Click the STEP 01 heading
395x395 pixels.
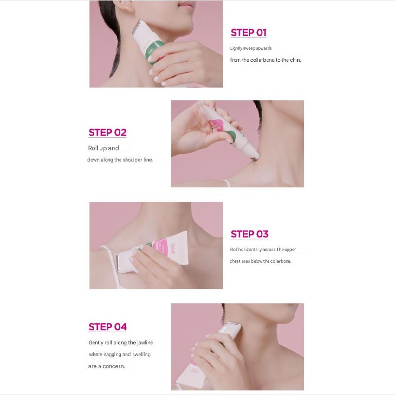(248, 33)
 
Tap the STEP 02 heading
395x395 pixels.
(108, 132)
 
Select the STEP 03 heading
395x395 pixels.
(249, 234)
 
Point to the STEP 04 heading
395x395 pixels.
(108, 327)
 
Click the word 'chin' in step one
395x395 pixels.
(295, 60)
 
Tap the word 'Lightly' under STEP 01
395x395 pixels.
(236, 49)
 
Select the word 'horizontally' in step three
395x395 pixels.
(250, 250)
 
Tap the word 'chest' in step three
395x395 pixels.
(236, 261)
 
